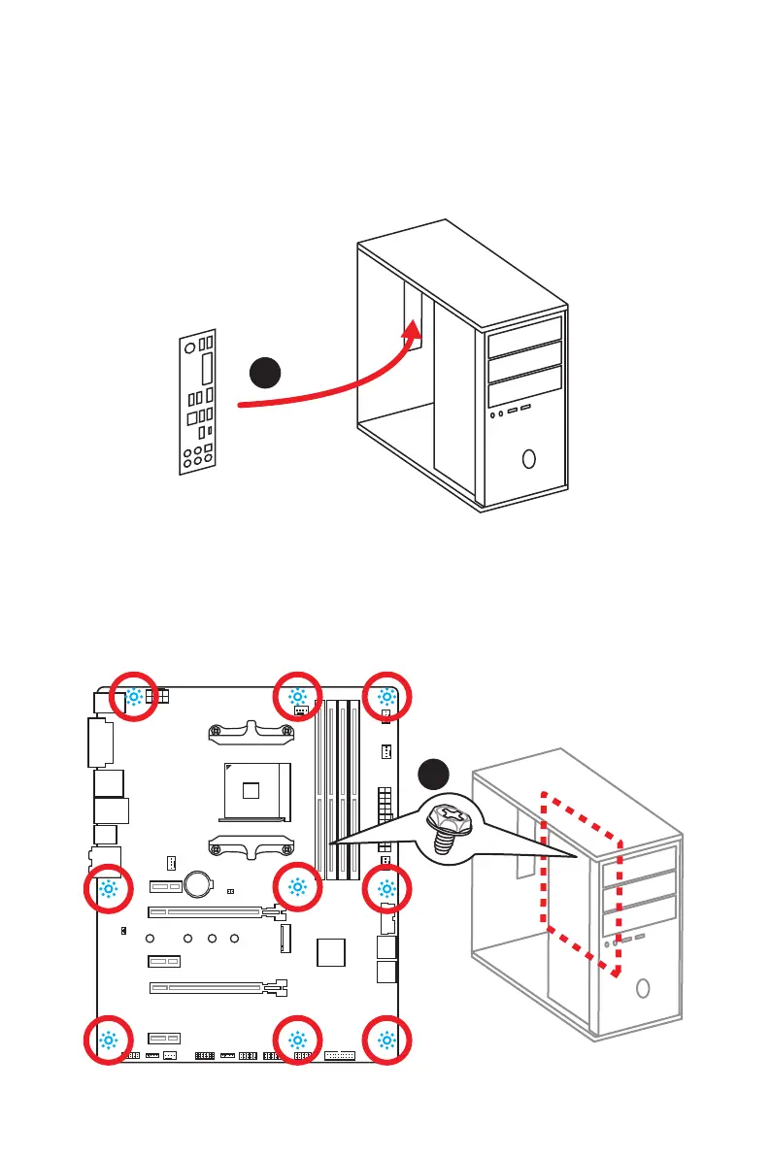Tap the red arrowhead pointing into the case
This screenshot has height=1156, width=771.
[x=414, y=332]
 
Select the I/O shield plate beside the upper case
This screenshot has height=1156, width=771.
[x=198, y=402]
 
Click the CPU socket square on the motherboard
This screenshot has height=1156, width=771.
[x=251, y=789]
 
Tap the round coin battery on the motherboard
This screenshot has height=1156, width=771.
[x=200, y=881]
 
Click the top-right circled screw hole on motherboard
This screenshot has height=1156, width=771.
[x=387, y=696]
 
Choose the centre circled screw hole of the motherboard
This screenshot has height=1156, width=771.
[x=298, y=888]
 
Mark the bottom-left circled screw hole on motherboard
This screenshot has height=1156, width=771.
[x=108, y=1041]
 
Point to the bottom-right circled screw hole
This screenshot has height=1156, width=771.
[x=387, y=1041]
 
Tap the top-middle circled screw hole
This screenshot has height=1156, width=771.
[x=298, y=696]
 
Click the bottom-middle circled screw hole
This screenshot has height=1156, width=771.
[x=298, y=1041]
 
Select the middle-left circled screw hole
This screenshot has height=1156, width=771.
[x=108, y=888]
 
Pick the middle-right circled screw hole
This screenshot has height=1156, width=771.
[x=387, y=888]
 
